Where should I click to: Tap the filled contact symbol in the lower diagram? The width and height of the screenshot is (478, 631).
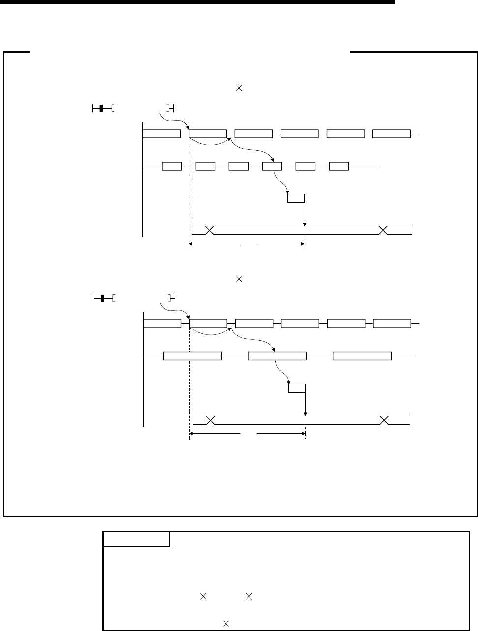101,298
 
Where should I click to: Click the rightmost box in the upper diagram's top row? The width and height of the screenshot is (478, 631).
391,134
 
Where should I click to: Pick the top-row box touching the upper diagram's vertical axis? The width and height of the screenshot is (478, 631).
161,134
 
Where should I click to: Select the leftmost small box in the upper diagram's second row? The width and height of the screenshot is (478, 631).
172,166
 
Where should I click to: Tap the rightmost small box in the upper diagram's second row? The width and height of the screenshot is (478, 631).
338,166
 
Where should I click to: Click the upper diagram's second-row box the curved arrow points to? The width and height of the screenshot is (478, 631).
272,166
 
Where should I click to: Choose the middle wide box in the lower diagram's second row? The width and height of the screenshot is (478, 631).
277,356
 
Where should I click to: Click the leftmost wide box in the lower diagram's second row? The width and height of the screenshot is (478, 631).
192,356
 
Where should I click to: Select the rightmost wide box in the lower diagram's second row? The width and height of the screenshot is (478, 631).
362,356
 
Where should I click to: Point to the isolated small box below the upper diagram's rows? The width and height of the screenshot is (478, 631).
296,198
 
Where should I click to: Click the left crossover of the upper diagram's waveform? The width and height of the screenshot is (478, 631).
210,230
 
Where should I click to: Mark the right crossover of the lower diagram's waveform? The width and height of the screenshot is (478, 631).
385,420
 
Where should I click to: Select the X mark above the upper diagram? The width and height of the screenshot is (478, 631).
240,88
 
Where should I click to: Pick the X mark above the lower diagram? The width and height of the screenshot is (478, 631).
240,279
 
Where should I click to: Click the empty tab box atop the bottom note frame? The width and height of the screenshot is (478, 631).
137,539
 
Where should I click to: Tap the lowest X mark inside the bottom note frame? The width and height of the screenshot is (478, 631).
226,623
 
